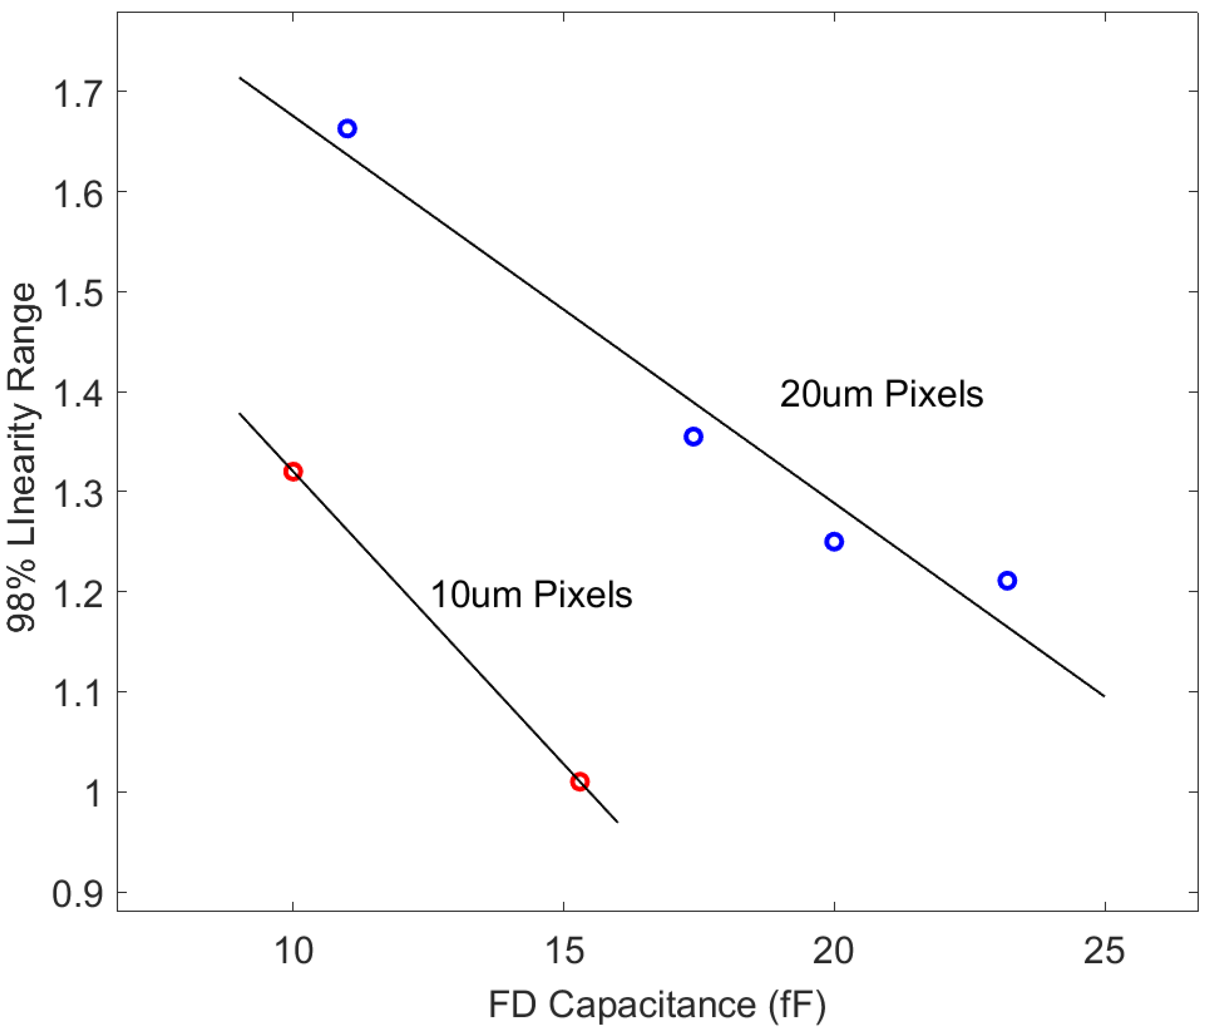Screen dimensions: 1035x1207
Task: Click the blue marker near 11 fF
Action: (x=347, y=129)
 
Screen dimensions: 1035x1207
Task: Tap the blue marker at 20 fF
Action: (x=834, y=542)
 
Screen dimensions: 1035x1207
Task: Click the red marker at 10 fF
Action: (x=293, y=472)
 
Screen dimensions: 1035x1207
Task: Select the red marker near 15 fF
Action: (x=579, y=782)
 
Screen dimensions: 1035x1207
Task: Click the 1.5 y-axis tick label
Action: (x=77, y=293)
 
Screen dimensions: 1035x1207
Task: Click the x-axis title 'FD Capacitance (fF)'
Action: (x=657, y=1005)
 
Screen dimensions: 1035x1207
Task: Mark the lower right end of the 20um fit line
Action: (x=1103, y=695)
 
